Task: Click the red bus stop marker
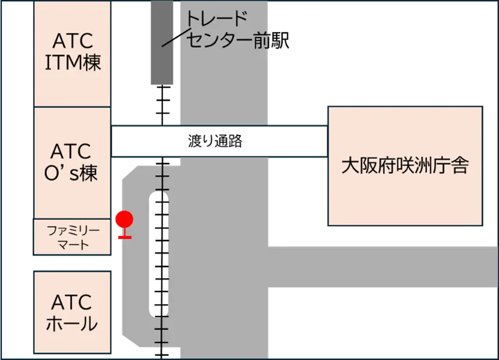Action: (x=124, y=224)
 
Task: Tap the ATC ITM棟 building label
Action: (x=73, y=51)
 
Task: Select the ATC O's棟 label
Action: (x=71, y=162)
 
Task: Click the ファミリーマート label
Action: (x=73, y=237)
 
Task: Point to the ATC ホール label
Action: (x=72, y=312)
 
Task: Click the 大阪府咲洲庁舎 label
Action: (x=405, y=166)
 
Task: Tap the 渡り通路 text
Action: (x=215, y=141)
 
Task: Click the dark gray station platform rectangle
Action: (x=162, y=42)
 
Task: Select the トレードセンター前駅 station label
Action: (x=237, y=30)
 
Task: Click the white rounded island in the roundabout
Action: (x=158, y=254)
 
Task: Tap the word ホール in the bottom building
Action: (x=72, y=324)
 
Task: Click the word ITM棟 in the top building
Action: (x=73, y=62)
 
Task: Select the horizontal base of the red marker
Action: (x=125, y=237)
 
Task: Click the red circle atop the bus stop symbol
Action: (x=124, y=219)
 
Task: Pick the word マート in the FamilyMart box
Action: (x=73, y=245)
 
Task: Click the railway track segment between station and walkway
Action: (x=162, y=105)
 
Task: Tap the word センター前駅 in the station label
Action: (x=238, y=41)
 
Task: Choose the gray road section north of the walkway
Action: (x=224, y=63)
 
